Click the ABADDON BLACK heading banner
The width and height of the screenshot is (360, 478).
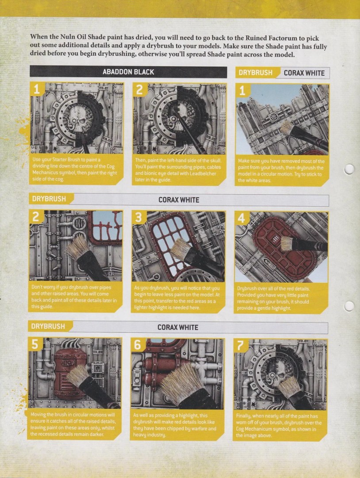pos(128,72)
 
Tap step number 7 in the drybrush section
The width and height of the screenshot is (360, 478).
pos(241,346)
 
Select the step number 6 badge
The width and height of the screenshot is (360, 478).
pos(138,345)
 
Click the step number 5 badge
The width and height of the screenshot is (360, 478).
pos(35,344)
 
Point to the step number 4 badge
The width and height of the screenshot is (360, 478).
pos(241,218)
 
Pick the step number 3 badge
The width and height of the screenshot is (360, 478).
pos(138,218)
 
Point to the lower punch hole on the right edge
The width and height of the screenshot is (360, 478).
pos(349,306)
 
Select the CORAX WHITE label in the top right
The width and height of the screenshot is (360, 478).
pos(304,73)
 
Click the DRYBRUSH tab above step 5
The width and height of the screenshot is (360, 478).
pos(48,326)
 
